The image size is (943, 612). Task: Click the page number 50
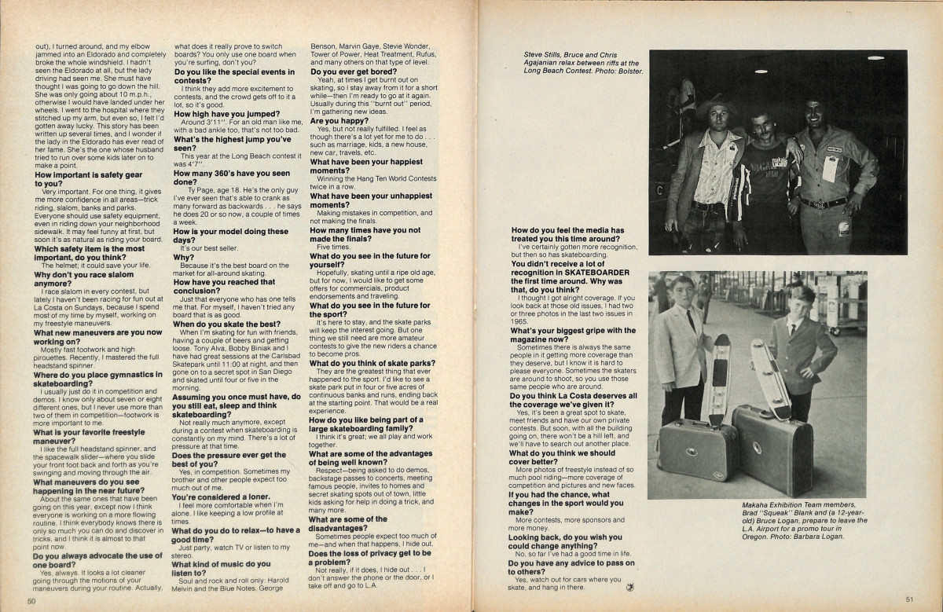(31, 600)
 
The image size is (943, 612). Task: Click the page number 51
(909, 599)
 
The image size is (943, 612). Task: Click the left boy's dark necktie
(689, 320)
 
